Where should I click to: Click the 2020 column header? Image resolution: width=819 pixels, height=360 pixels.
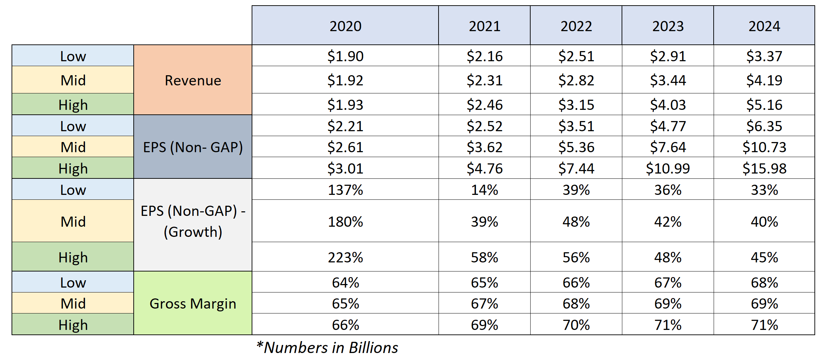[345, 26]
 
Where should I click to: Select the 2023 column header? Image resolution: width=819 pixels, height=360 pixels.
[667, 26]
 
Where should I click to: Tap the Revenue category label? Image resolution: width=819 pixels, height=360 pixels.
[193, 80]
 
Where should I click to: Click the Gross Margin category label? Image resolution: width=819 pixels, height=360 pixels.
[193, 303]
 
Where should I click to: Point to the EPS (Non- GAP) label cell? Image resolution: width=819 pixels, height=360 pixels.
[193, 147]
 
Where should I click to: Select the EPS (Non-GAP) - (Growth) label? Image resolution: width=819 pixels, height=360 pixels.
[193, 221]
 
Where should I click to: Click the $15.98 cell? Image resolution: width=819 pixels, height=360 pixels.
[764, 168]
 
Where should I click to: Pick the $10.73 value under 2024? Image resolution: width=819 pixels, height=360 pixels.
[764, 147]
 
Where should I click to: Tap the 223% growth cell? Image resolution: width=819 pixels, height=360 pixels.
[345, 257]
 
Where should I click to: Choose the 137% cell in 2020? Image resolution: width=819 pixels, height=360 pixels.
[345, 190]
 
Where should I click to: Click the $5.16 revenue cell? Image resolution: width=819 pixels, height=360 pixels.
[764, 105]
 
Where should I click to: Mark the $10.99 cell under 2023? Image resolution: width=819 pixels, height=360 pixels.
[667, 168]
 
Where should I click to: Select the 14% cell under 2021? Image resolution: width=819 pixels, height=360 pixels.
[484, 190]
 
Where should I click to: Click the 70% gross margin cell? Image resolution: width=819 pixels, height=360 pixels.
[576, 325]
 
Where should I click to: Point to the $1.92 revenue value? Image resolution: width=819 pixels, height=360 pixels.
[345, 80]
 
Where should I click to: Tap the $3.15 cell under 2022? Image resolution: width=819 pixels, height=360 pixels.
[576, 105]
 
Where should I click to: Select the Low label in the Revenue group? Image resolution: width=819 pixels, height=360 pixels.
[73, 56]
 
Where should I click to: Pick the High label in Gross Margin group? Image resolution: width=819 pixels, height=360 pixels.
[73, 325]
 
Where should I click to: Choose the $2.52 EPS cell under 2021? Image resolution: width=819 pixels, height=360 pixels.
[484, 126]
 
